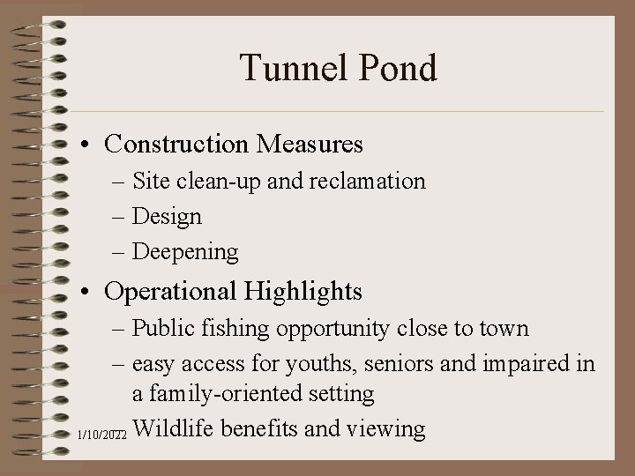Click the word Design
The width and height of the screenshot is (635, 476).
coord(167,217)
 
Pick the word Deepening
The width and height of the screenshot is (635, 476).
coord(185,252)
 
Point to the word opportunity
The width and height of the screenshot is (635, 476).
coord(332,330)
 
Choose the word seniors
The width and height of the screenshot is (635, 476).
coord(384,365)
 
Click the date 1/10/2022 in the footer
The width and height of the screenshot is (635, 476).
coord(102,435)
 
